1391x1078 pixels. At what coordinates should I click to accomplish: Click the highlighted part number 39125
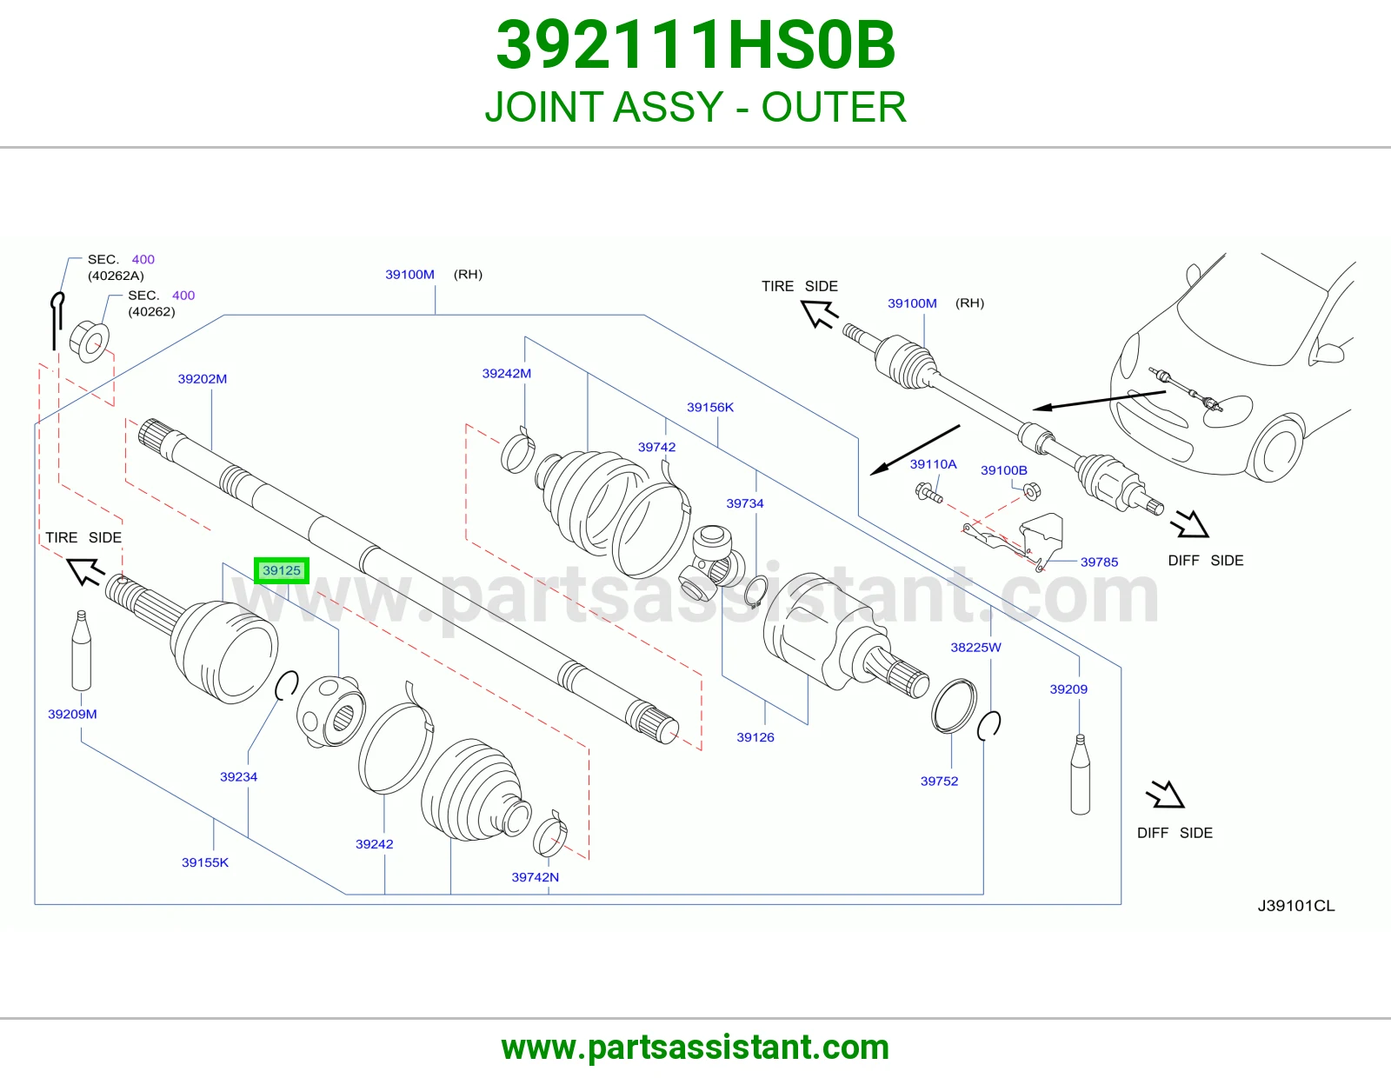[x=281, y=570]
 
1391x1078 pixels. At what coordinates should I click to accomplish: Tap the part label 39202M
[x=203, y=379]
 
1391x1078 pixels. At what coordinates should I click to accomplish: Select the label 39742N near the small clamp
[x=536, y=877]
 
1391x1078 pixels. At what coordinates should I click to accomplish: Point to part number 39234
[x=239, y=776]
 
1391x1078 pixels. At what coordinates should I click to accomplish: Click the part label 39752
[x=939, y=781]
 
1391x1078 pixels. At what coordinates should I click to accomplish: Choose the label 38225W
[x=975, y=647]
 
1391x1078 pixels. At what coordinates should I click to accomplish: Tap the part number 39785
[x=1099, y=562]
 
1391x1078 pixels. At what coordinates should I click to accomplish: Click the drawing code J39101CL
[x=1296, y=906]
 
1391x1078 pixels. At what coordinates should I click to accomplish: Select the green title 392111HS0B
[x=695, y=45]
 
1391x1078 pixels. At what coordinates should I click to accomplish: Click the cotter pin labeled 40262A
[x=57, y=321]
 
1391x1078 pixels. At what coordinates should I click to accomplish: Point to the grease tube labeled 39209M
[x=82, y=650]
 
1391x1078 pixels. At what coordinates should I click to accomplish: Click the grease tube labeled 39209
[x=1080, y=775]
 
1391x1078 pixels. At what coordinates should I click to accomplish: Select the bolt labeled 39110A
[x=928, y=493]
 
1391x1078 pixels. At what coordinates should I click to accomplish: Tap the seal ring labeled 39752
[x=954, y=705]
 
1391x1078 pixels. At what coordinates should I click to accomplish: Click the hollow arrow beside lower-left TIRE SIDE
[x=86, y=571]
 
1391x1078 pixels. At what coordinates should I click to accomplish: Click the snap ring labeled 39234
[x=287, y=686]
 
